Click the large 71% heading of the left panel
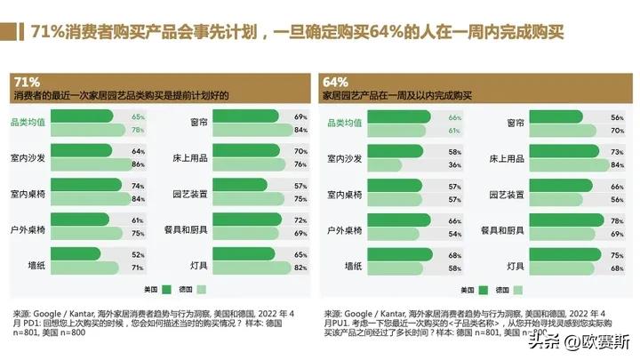click(28, 83)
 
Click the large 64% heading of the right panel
click(336, 83)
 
